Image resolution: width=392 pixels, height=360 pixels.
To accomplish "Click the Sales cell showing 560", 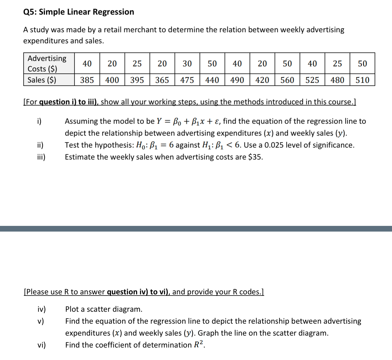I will (287, 80).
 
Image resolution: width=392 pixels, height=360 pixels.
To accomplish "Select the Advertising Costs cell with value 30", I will (187, 64).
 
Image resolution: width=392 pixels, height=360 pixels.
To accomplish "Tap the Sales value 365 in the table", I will (162, 80).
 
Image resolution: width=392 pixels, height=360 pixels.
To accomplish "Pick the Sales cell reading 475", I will (187, 80).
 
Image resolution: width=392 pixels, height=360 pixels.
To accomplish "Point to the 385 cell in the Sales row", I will (87, 80).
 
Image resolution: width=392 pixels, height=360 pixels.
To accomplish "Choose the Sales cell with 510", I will (362, 80).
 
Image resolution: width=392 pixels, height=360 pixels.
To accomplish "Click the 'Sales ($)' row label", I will (42, 80).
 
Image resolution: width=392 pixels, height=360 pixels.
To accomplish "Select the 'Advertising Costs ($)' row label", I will (47, 63).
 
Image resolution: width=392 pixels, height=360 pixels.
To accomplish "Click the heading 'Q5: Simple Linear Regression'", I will (79, 12).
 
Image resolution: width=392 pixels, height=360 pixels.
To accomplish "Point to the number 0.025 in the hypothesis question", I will (274, 145).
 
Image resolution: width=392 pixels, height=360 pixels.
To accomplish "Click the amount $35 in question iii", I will (255, 157).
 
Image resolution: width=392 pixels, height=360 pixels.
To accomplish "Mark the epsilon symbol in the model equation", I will (217, 122).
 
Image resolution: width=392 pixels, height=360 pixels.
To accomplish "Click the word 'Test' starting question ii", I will (72, 145).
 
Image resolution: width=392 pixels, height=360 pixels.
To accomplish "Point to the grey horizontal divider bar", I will (196, 229).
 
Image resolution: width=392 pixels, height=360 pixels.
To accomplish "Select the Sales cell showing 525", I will (312, 80).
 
